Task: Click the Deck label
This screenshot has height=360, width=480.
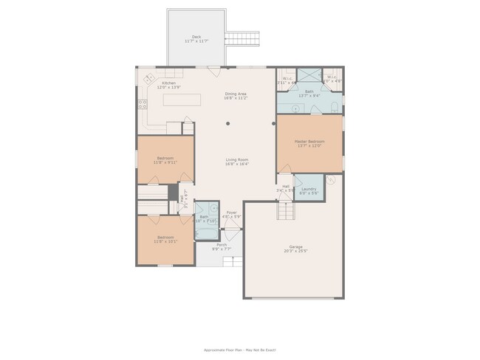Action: pyautogui.click(x=196, y=37)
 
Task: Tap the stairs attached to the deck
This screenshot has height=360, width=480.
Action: pyautogui.click(x=243, y=38)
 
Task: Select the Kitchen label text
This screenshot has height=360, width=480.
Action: pyautogui.click(x=169, y=83)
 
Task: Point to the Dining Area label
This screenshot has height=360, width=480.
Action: pyautogui.click(x=237, y=94)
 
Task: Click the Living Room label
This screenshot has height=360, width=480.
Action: pyautogui.click(x=237, y=159)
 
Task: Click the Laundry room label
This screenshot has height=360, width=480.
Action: pyautogui.click(x=309, y=189)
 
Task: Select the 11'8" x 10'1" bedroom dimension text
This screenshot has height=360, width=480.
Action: pyautogui.click(x=165, y=241)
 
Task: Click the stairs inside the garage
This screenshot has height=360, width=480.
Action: pyautogui.click(x=287, y=212)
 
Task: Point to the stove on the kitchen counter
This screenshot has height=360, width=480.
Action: pyautogui.click(x=140, y=104)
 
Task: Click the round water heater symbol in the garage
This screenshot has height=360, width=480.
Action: pyautogui.click(x=332, y=179)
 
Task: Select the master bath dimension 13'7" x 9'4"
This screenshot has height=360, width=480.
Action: pyautogui.click(x=309, y=95)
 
